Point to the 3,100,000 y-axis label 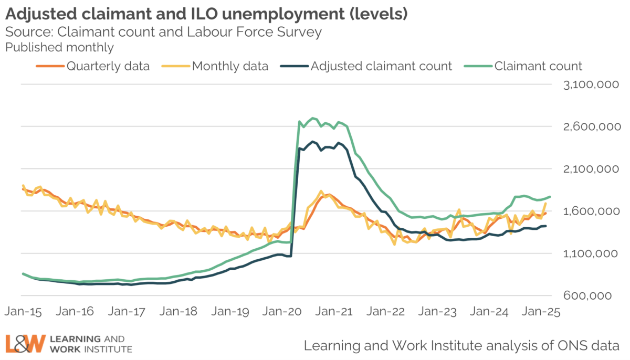point(588,84)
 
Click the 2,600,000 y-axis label point(588,127)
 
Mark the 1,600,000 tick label point(588,211)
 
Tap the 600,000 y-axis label point(594,296)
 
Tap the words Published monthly point(59,47)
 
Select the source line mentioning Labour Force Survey point(163,31)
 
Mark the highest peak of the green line point(313,118)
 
